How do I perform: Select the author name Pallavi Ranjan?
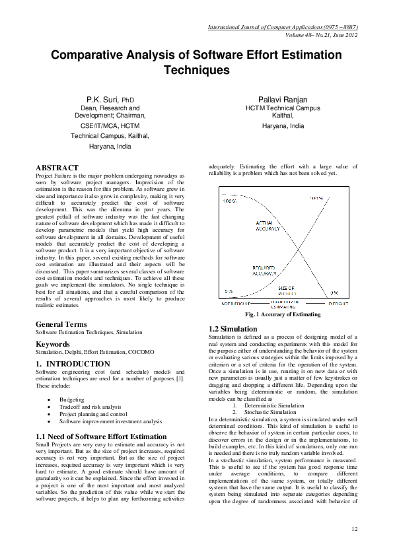pyautogui.click(x=273, y=98)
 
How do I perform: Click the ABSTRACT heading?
pyautogui.click(x=57, y=168)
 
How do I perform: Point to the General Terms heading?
pyautogui.click(x=61, y=324)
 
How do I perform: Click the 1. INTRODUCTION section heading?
pyautogui.click(x=73, y=364)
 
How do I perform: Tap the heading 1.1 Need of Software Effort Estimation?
pyautogui.click(x=100, y=436)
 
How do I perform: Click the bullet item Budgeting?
pyautogui.click(x=71, y=400)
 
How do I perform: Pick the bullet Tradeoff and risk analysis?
pyautogui.click(x=90, y=407)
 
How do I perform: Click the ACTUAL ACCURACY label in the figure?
pyautogui.click(x=266, y=226)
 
